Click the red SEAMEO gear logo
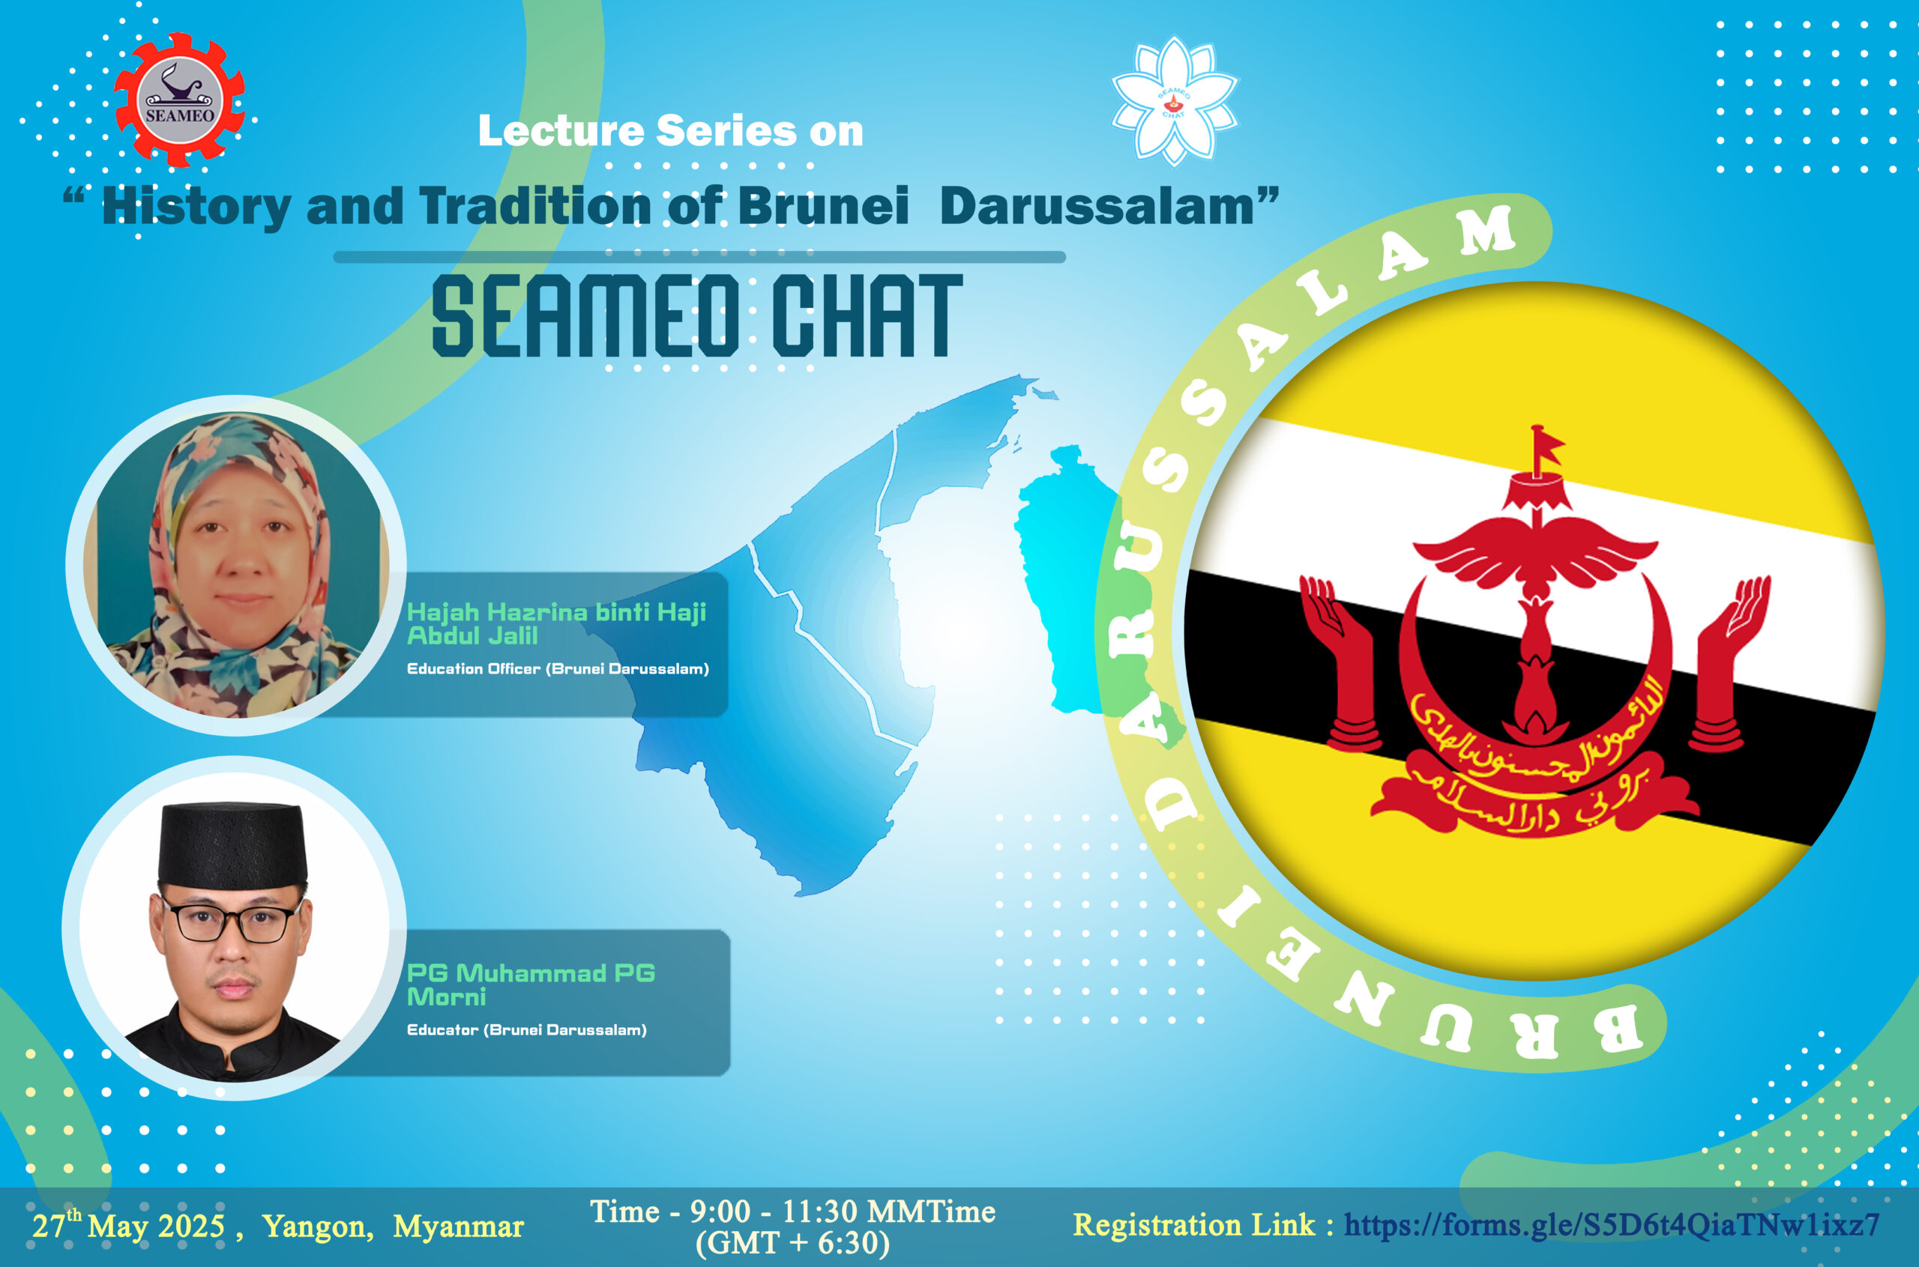point(179,100)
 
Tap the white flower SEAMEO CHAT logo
point(1174,101)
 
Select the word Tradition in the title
point(534,206)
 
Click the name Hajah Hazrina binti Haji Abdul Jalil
point(556,624)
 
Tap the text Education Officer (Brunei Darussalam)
point(558,669)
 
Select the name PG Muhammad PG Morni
point(530,985)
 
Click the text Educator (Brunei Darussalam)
point(526,1030)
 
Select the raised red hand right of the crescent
point(1729,661)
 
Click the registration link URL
point(1612,1225)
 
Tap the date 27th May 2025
point(128,1225)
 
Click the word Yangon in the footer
point(318,1227)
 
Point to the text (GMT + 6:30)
point(792,1243)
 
